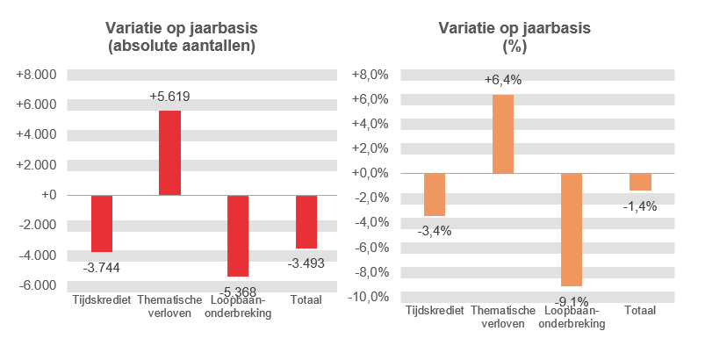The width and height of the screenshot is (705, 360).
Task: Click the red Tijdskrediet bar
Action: click(102, 223)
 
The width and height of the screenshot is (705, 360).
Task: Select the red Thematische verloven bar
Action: click(169, 153)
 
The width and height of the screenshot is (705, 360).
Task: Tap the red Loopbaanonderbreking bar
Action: click(238, 235)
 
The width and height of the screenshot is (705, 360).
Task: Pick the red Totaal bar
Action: click(306, 221)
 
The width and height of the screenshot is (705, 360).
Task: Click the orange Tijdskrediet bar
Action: click(435, 194)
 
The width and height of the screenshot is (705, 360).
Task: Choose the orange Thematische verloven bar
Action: click(503, 133)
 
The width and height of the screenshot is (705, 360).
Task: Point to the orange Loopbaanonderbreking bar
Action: click(572, 229)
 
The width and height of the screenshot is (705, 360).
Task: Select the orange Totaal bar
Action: click(640, 182)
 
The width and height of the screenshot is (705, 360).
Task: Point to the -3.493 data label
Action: click(306, 262)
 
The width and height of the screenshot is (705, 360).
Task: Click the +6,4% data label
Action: click(503, 81)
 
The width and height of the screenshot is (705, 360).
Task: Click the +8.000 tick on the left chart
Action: click(37, 75)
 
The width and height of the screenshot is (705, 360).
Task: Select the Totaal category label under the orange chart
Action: click(640, 311)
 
